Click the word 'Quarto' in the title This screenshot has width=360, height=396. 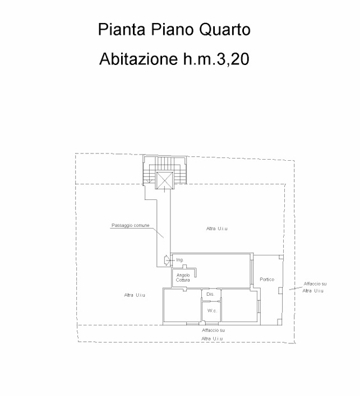(225, 30)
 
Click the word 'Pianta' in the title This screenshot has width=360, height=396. (122, 29)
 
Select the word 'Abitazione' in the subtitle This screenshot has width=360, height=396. (139, 59)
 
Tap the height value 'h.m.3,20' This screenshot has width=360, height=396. (216, 59)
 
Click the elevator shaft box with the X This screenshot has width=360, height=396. (164, 180)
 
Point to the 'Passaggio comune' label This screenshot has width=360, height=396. (131, 226)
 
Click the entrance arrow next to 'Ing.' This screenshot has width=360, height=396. (167, 260)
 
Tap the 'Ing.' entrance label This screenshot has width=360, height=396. (180, 260)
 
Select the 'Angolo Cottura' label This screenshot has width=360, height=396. (183, 278)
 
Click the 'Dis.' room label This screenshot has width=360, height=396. (210, 294)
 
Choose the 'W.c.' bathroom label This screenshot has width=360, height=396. (212, 311)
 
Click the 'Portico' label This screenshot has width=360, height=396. (267, 279)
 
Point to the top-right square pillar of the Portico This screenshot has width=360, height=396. (281, 257)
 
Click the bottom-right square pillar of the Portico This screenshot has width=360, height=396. (280, 322)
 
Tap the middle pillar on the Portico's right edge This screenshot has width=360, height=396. (280, 291)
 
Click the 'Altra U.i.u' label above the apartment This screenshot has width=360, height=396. (216, 229)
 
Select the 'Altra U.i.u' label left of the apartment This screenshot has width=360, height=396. (135, 295)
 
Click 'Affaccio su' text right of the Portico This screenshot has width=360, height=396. (315, 284)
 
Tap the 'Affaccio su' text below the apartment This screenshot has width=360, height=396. (214, 330)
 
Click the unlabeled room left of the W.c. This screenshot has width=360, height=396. (182, 306)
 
